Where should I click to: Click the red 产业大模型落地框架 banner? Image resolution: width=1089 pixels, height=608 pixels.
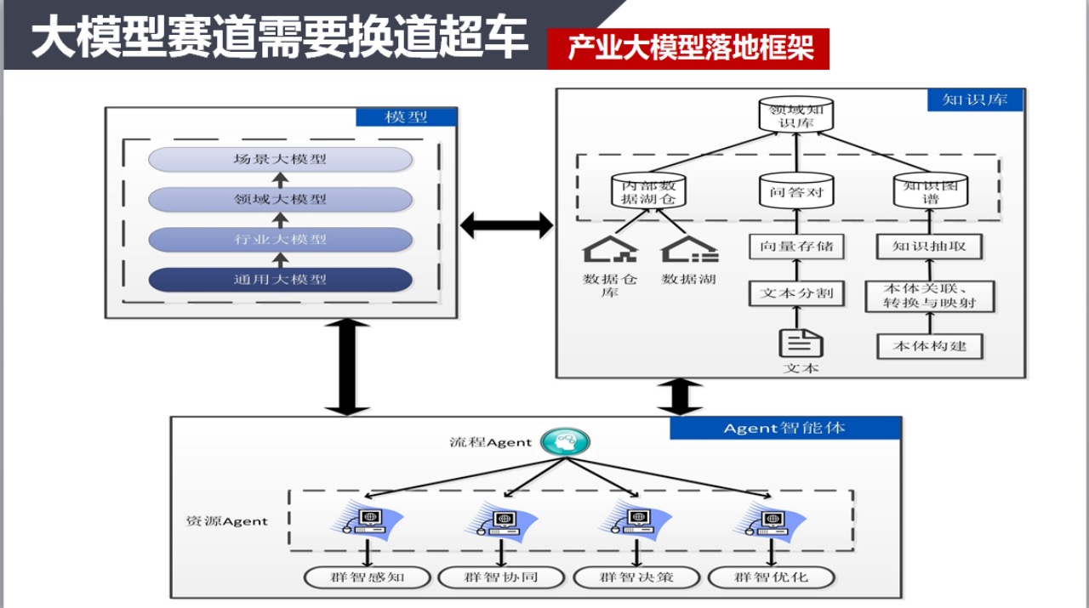(687, 48)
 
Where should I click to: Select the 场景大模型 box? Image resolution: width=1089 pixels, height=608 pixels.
(280, 159)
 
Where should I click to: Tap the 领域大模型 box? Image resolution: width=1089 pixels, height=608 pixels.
(280, 199)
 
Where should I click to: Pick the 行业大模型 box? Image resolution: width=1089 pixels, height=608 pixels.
(280, 239)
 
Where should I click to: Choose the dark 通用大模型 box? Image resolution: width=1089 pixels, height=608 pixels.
(280, 279)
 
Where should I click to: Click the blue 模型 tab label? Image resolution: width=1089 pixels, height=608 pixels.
(406, 117)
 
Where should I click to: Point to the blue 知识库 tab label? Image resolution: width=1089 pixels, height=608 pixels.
(974, 99)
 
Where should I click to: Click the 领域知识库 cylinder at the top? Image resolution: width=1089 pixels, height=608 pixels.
(796, 115)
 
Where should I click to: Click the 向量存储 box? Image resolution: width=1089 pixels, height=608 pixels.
(796, 247)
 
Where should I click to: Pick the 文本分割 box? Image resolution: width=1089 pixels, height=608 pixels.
(796, 294)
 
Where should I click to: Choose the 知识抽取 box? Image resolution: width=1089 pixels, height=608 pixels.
(929, 247)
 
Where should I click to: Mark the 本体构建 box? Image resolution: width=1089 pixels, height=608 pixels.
(929, 346)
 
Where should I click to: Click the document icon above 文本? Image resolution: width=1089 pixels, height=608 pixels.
(801, 342)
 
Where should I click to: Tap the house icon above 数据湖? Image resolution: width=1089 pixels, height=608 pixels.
(689, 249)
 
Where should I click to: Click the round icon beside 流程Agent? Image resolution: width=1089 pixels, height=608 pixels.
(566, 441)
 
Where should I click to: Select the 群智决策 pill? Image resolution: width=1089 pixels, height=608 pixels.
(636, 577)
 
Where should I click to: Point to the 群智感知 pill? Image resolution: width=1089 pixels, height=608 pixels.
(367, 577)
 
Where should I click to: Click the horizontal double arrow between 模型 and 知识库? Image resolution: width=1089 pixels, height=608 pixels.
(506, 225)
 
